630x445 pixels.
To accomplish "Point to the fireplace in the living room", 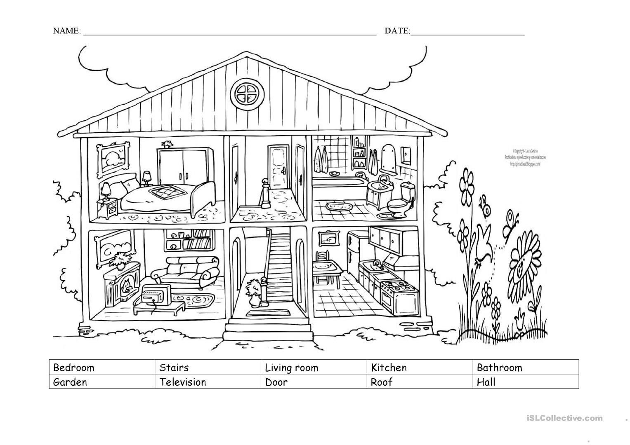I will pyautogui.click(x=121, y=286).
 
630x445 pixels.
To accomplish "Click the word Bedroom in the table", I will pyautogui.click(x=74, y=368).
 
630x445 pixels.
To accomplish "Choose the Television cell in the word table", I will pyautogui.click(x=183, y=382).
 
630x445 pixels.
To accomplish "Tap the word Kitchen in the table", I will pyautogui.click(x=389, y=368).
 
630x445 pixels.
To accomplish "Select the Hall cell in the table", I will pyautogui.click(x=486, y=382).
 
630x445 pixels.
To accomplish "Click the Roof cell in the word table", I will pyautogui.click(x=381, y=382).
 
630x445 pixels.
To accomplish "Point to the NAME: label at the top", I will pyautogui.click(x=67, y=31).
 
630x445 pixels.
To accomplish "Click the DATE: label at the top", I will pyautogui.click(x=397, y=31).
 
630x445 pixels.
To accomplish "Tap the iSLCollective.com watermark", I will pyautogui.click(x=564, y=418).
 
